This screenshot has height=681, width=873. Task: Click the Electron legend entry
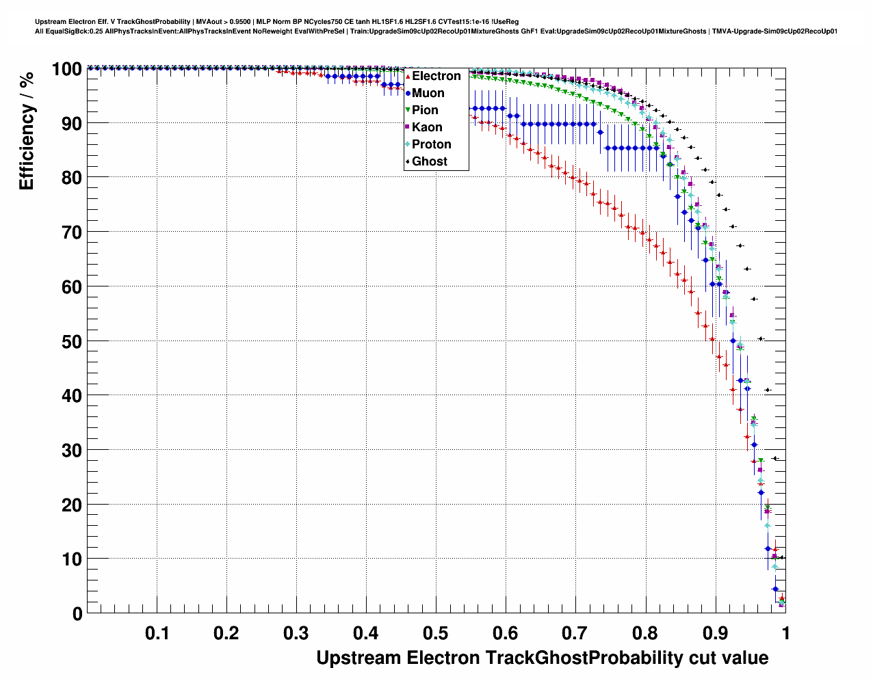[436, 76]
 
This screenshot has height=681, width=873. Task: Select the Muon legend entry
[428, 93]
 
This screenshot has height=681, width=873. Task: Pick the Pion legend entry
[425, 110]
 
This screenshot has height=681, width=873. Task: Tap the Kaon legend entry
[427, 127]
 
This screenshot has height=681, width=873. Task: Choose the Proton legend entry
[431, 144]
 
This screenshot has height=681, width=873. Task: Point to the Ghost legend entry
[429, 161]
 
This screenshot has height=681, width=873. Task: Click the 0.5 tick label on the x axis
[436, 633]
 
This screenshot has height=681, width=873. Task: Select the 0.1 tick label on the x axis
[157, 633]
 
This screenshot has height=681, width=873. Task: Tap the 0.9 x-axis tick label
[715, 633]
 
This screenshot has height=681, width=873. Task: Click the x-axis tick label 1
[785, 633]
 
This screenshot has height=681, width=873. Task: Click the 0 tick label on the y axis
[76, 614]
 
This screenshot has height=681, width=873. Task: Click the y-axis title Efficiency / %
[27, 131]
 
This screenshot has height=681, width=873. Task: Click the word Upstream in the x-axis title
[359, 658]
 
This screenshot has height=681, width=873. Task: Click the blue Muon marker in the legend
[408, 93]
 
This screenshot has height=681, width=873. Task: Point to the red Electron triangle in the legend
[408, 77]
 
